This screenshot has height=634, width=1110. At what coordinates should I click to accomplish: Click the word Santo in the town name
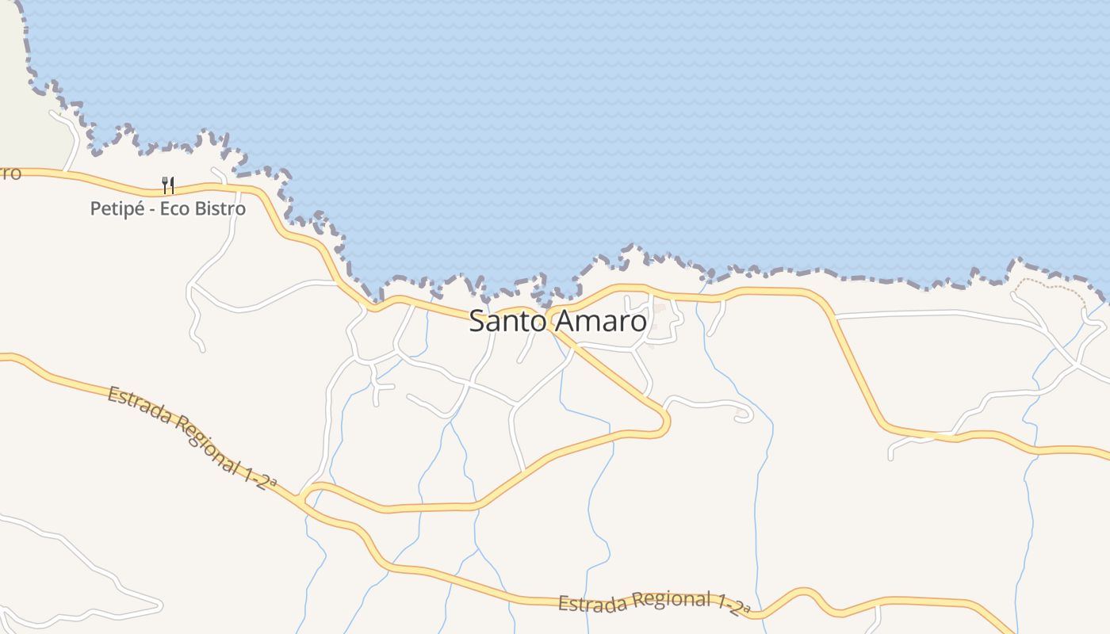pyautogui.click(x=507, y=321)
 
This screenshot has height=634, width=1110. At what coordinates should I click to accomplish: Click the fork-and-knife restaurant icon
pyautogui.click(x=168, y=185)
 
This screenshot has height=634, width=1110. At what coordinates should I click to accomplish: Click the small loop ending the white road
pyautogui.click(x=744, y=415)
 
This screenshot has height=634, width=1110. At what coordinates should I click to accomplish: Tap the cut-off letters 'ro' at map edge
pyautogui.click(x=10, y=173)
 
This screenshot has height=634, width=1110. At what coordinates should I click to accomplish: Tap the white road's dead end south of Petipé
pyautogui.click(x=202, y=348)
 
